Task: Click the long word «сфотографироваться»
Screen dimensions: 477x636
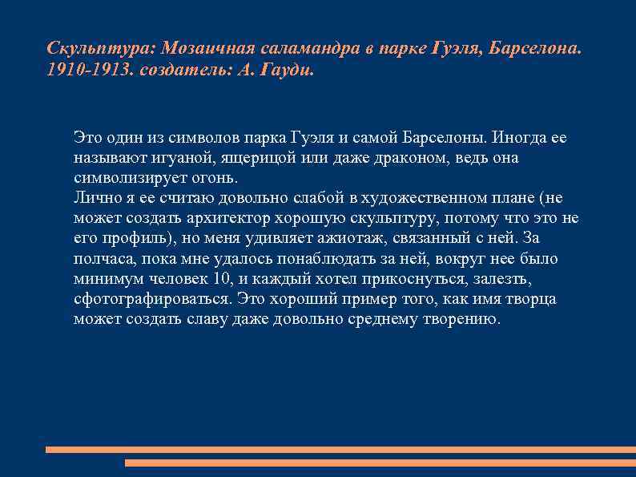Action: point(152,299)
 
